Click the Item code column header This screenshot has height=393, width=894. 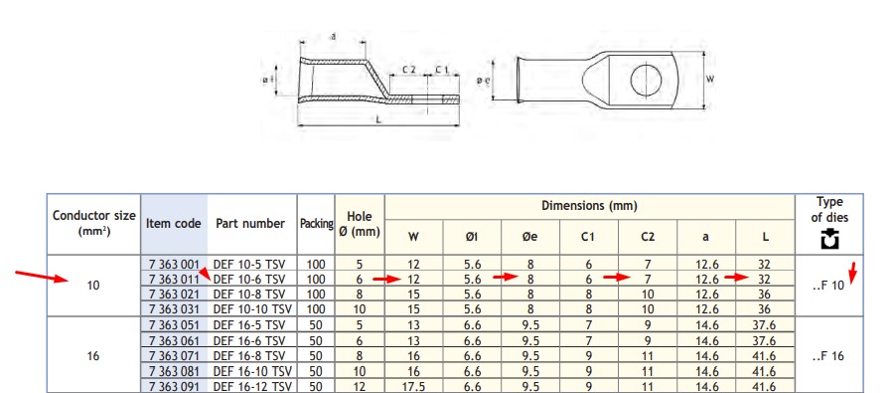click(173, 223)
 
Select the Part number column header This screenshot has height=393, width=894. click(250, 223)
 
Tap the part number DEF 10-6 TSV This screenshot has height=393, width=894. click(249, 280)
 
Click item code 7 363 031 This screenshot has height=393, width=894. click(174, 309)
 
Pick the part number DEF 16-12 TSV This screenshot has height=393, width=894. click(252, 387)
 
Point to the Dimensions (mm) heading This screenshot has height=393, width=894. click(589, 206)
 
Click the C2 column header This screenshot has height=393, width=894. click(648, 237)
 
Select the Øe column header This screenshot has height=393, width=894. click(529, 237)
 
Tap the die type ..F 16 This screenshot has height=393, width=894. click(827, 356)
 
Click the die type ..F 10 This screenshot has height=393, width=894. click(827, 286)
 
